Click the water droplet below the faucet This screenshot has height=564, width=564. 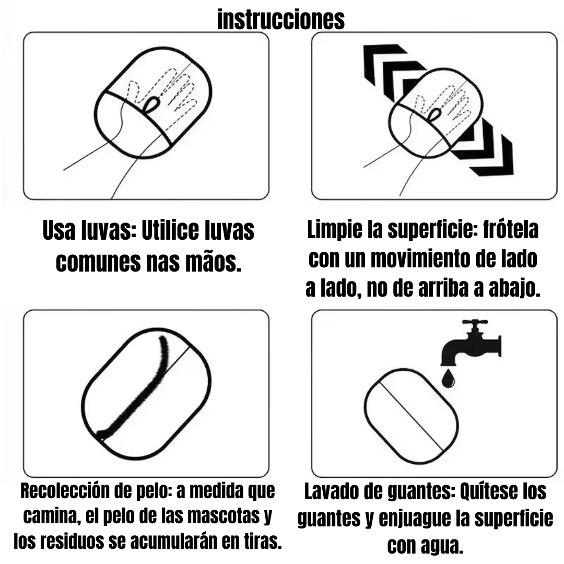[x=448, y=379]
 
